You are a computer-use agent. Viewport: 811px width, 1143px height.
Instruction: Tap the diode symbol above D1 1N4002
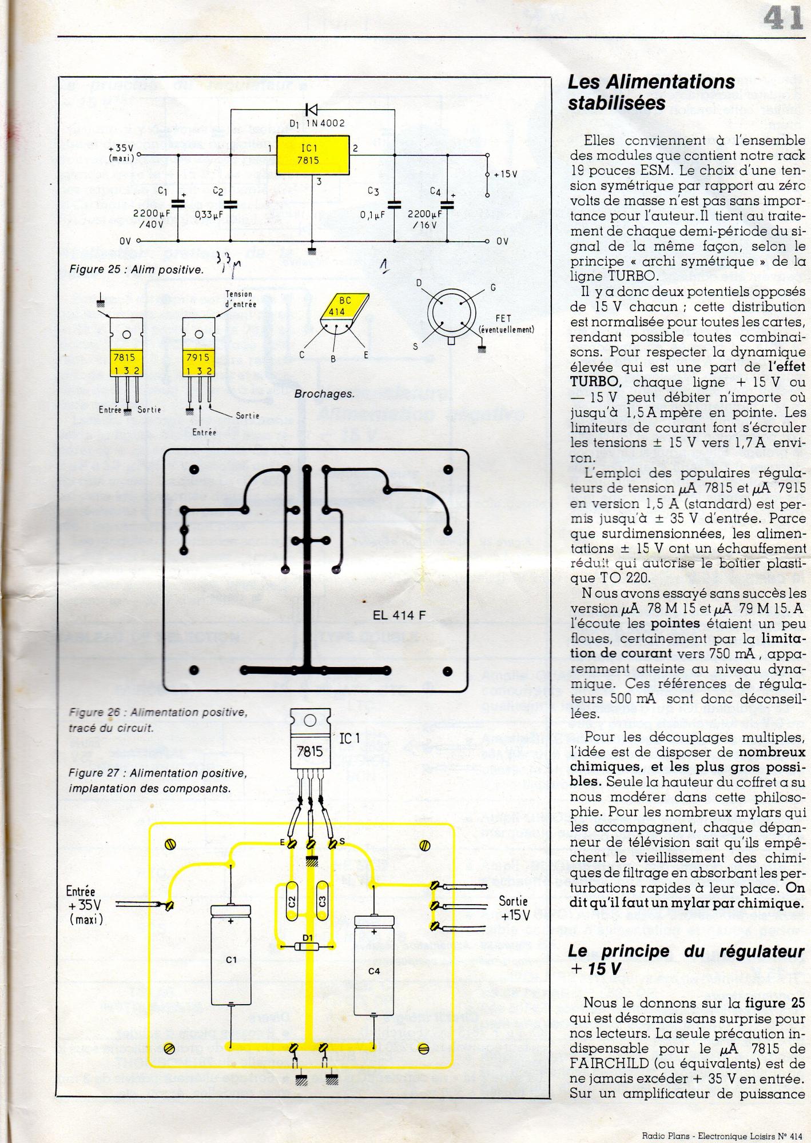click(312, 109)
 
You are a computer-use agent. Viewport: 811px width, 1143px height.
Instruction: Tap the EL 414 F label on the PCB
click(399, 615)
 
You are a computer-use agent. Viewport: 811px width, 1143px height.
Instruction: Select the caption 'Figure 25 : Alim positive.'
click(136, 270)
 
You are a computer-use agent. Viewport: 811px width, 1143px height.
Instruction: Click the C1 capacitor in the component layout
click(230, 960)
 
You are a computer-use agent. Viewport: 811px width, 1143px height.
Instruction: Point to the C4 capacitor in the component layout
click(373, 971)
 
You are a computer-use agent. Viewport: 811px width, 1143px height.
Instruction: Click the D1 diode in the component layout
click(307, 946)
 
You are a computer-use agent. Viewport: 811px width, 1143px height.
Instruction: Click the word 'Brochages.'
click(324, 394)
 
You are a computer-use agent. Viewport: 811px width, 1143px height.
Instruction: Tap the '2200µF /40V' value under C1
click(149, 219)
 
